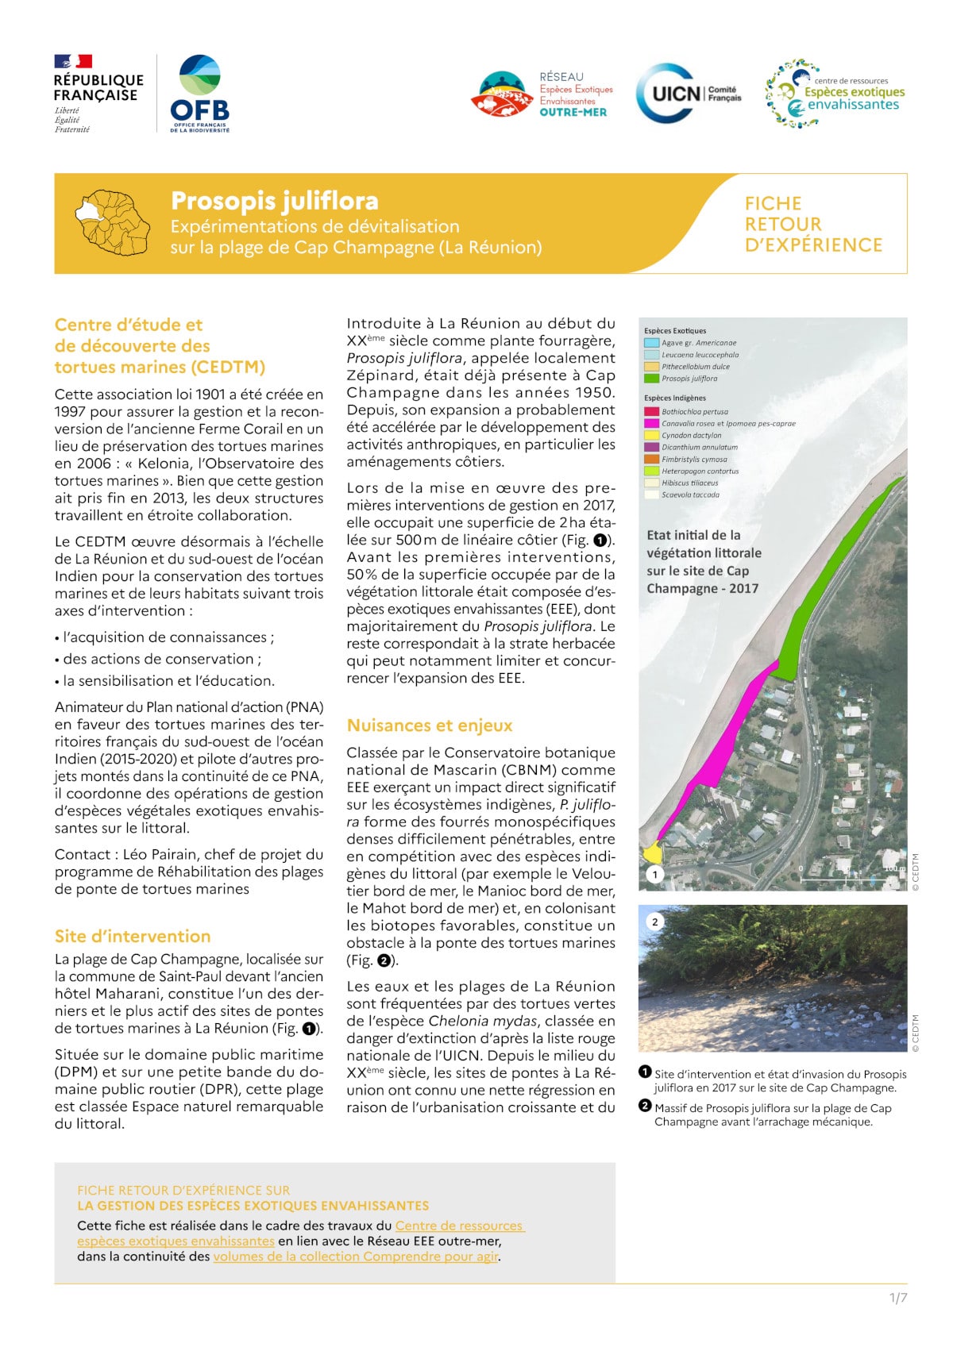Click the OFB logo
pos(199,93)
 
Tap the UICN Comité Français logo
pos(689,94)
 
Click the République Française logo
pos(98,93)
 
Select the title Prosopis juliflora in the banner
pos(274,201)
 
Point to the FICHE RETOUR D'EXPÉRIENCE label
pos(812,225)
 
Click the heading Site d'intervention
pos(133,936)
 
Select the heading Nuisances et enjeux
pos(430,725)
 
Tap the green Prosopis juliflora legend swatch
pos(651,379)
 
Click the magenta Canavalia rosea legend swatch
pos(651,424)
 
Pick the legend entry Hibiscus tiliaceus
pos(689,483)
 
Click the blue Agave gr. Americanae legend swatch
pos(651,343)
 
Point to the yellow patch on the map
pos(652,854)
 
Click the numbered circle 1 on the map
pos(654,875)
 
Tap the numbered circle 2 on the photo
pos(654,922)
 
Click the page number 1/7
pos(897,1298)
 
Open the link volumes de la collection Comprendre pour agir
pos(356,1257)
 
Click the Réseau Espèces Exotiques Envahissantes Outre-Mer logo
pos(542,94)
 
